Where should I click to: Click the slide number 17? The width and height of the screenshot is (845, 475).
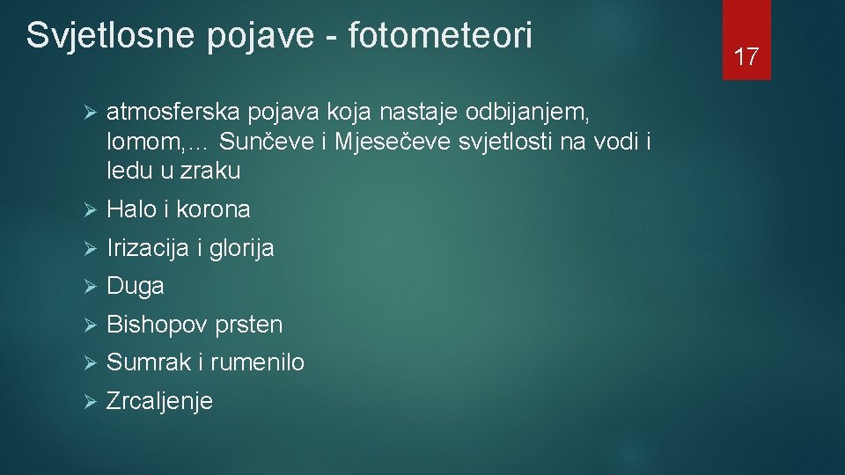pyautogui.click(x=746, y=58)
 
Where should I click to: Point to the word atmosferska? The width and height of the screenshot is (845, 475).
pyautogui.click(x=173, y=113)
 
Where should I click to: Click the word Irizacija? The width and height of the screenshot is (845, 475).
pyautogui.click(x=148, y=249)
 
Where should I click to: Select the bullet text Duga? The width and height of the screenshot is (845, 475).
pyautogui.click(x=136, y=287)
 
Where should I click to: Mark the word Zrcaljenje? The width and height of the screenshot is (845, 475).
pyautogui.click(x=159, y=402)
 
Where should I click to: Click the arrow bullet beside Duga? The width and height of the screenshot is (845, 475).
pyautogui.click(x=88, y=287)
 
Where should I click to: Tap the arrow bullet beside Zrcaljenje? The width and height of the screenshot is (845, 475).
pyautogui.click(x=88, y=402)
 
